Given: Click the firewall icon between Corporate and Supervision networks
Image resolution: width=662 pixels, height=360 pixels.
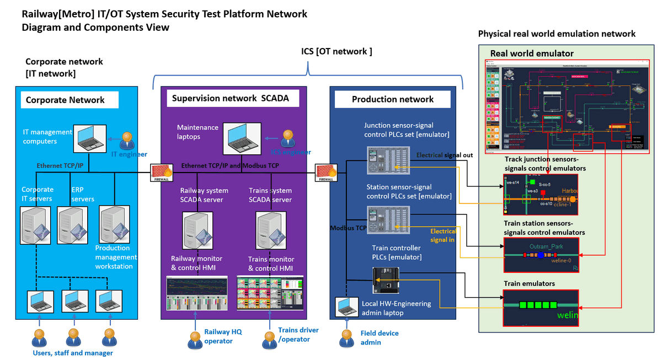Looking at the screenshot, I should [161, 173].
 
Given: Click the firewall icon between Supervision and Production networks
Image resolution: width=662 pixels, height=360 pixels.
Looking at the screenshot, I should [326, 173].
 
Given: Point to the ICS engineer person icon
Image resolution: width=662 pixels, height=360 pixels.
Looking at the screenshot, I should [287, 139].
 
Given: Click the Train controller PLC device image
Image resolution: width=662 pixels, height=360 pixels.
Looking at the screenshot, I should [386, 280].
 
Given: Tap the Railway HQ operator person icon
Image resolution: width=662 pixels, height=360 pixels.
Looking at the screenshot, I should [194, 339].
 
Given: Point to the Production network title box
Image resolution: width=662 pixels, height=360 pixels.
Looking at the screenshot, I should [393, 99].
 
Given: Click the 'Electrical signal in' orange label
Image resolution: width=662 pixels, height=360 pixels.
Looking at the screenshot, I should [444, 235].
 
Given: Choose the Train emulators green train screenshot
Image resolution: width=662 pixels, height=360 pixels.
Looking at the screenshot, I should [541, 308].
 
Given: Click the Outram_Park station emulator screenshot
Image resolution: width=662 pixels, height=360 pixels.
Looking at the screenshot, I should [541, 255].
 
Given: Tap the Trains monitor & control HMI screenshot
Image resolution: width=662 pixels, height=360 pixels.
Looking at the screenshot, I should [271, 293].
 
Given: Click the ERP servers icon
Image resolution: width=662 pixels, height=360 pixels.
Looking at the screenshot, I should [71, 227].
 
